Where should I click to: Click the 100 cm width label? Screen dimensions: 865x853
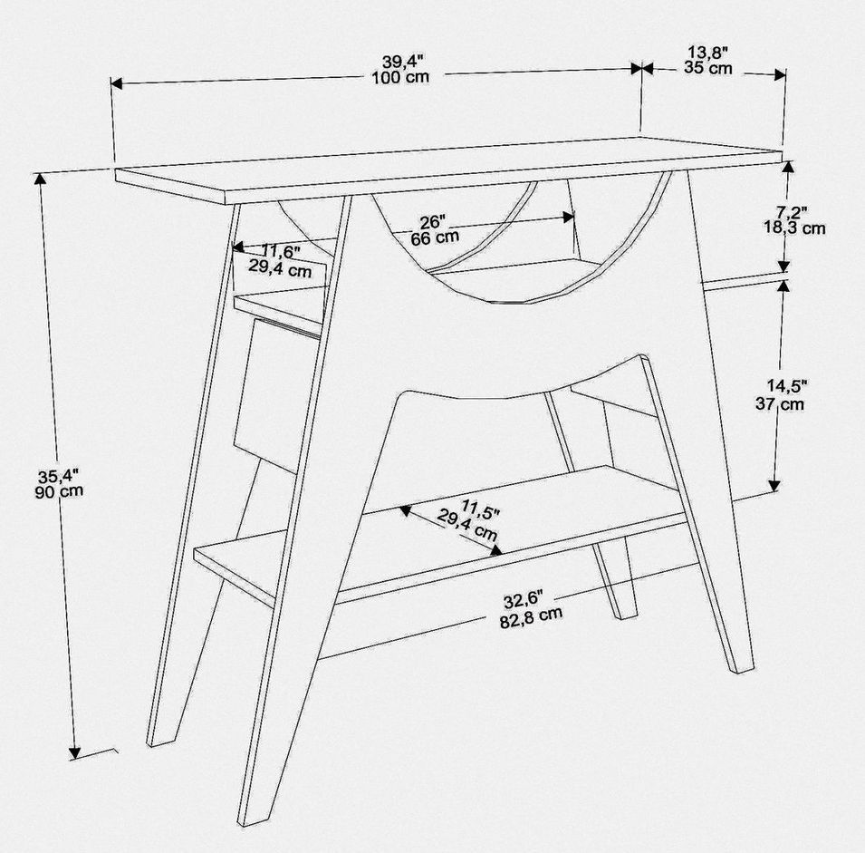pos(400,77)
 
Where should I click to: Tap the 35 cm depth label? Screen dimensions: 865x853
pos(708,68)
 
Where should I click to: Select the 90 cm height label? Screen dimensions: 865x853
pos(59,490)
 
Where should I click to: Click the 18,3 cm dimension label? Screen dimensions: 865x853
pos(794,228)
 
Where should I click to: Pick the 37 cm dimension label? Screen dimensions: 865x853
pos(780,403)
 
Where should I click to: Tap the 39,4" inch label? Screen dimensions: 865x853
pos(404,62)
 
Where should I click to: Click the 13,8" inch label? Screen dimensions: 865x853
pos(707,53)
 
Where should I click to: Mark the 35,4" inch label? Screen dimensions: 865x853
pos(59,475)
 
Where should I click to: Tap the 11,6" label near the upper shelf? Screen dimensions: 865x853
pos(281,252)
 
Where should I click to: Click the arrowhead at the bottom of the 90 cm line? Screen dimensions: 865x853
pos(74,753)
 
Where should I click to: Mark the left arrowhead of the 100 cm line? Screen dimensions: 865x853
pos(117,83)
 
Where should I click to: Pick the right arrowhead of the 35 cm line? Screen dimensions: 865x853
pos(780,74)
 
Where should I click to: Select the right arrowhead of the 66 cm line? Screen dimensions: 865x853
pos(568,217)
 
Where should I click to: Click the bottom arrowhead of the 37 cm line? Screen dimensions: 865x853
pos(774,485)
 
